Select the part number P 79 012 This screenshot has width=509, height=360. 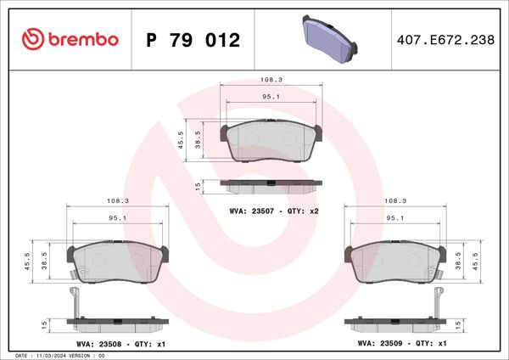pyautogui.click(x=193, y=40)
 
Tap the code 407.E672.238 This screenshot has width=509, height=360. pyautogui.click(x=445, y=40)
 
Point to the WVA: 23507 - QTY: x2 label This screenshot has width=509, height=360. pyautogui.click(x=274, y=210)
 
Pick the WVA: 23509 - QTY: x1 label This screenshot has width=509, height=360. pyautogui.click(x=402, y=343)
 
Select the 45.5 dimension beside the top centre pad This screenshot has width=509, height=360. pyautogui.click(x=181, y=139)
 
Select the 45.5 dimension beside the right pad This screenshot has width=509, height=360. pyautogui.click(x=485, y=259)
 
